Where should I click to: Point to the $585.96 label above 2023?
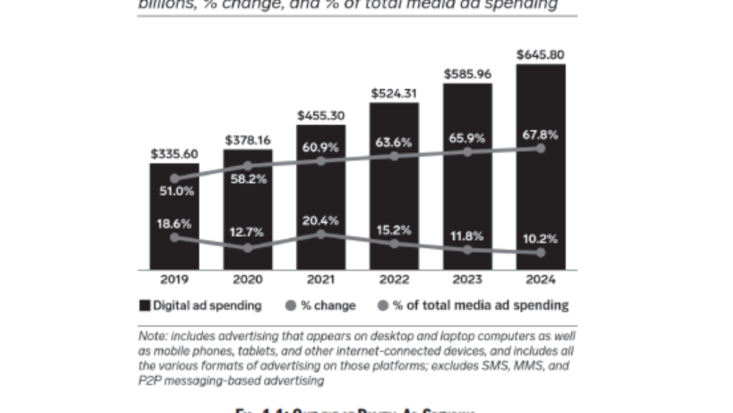[467, 74]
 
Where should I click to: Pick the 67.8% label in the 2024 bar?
[541, 135]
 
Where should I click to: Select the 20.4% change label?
[321, 221]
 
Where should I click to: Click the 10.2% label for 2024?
[541, 239]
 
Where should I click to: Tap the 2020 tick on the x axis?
[247, 280]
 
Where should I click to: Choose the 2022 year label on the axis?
[394, 280]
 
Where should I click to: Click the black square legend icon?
[145, 305]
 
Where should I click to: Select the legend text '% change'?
[328, 305]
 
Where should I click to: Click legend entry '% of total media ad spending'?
[480, 305]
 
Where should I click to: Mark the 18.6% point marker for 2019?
[175, 237]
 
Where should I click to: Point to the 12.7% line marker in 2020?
[247, 248]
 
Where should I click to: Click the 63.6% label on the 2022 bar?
[394, 142]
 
